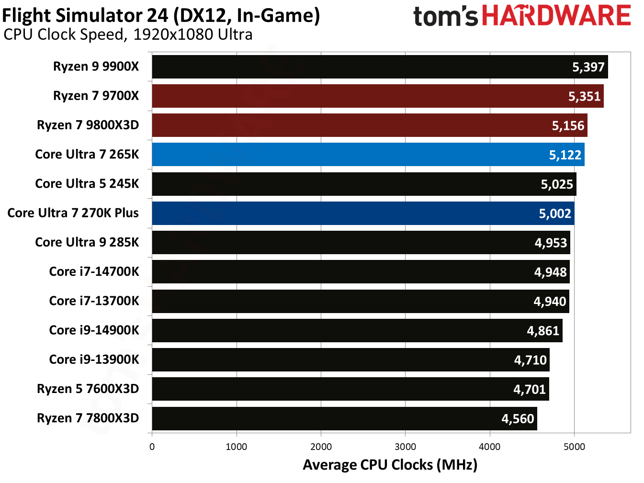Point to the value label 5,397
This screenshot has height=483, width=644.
click(588, 67)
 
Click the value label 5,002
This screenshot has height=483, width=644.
click(555, 213)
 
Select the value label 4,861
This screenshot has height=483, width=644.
click(543, 331)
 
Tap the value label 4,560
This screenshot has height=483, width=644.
click(518, 419)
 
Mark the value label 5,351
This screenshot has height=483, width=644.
click(584, 96)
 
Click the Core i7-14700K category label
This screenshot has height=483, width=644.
click(94, 272)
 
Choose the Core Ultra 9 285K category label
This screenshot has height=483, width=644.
click(87, 242)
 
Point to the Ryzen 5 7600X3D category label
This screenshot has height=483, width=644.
click(88, 389)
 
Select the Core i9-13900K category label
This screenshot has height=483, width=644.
click(94, 359)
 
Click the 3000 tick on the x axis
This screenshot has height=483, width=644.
click(405, 447)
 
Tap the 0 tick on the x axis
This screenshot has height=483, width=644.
click(152, 447)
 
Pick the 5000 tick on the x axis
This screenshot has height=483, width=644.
click(574, 447)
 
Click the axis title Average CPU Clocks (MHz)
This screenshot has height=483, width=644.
click(390, 465)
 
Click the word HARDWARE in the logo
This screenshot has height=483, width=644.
click(556, 16)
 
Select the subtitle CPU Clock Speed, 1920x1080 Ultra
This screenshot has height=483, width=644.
click(128, 35)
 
